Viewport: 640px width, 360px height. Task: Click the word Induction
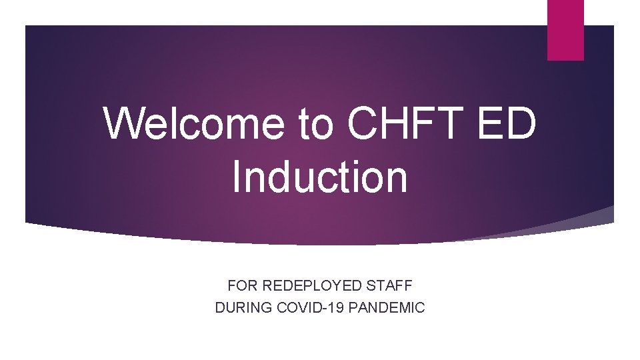[320, 177]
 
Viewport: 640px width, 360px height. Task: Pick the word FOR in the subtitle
[243, 286]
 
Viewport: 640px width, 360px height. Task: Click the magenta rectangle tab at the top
[565, 29]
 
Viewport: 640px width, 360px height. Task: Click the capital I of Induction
[237, 177]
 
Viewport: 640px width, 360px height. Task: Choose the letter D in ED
[522, 124]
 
